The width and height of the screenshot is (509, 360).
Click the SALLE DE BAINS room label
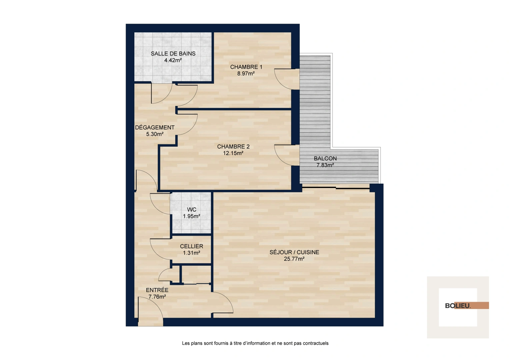point(173,54)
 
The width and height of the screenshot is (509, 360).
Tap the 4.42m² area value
point(173,60)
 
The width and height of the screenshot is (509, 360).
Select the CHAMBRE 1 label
point(246,67)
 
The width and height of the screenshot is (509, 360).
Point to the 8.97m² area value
point(246,74)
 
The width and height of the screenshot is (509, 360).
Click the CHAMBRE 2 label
point(233,147)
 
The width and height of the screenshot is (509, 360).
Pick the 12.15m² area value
point(233,153)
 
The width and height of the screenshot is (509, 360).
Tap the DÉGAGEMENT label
point(155,128)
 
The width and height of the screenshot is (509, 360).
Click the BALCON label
point(325,159)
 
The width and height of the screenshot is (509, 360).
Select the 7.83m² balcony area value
point(325,165)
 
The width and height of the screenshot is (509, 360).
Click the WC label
point(191,210)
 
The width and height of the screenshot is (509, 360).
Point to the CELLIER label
point(191,246)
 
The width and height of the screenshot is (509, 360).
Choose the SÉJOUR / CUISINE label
point(294,252)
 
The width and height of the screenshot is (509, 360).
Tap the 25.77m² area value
point(294,259)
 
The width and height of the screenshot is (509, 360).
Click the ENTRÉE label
point(157,290)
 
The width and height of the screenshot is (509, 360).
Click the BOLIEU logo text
point(458,306)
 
